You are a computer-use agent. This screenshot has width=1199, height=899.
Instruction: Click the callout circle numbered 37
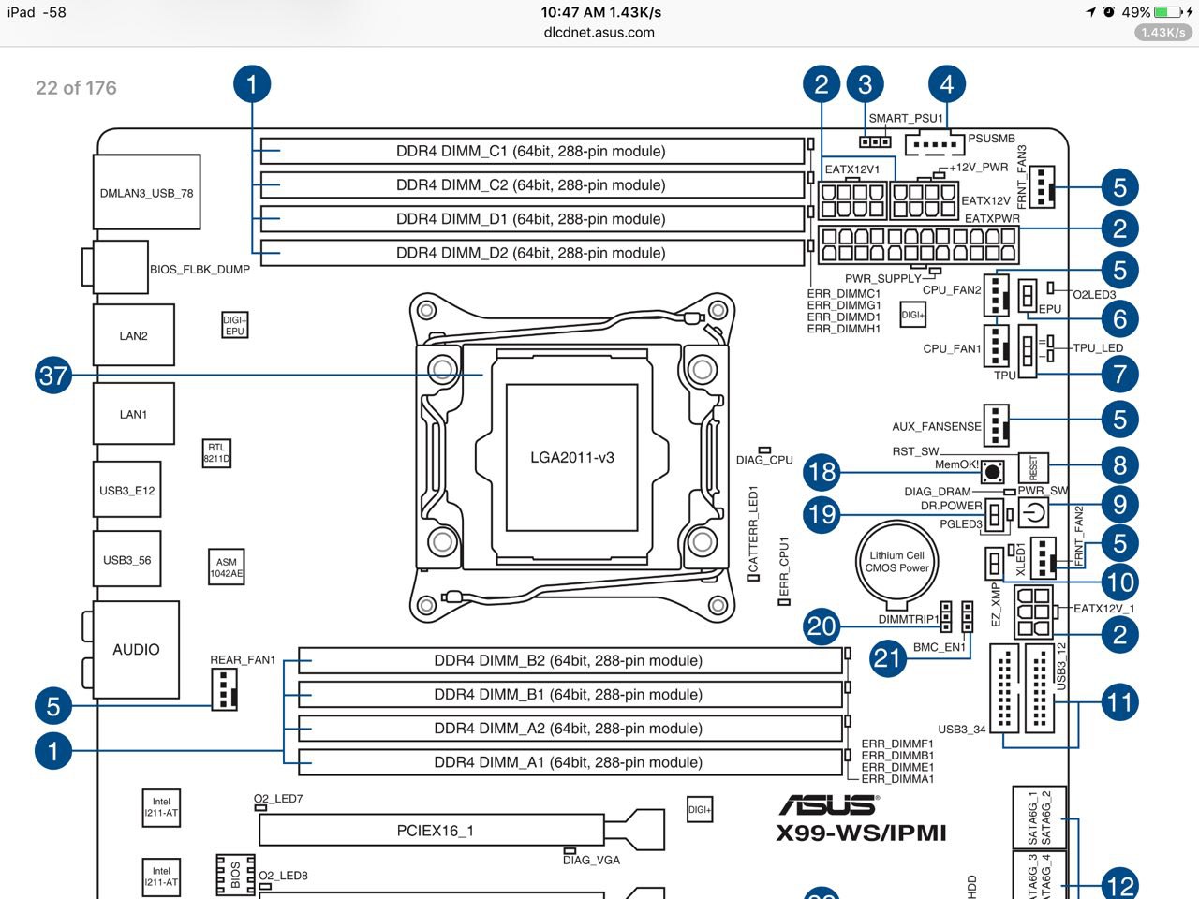pos(53,376)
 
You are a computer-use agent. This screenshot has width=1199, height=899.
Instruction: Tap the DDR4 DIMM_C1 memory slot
pos(531,151)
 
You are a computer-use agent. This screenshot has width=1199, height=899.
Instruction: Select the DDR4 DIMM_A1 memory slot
pos(569,762)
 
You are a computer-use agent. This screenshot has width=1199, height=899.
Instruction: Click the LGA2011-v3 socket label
pos(572,458)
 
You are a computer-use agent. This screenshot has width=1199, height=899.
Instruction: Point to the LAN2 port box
pos(134,335)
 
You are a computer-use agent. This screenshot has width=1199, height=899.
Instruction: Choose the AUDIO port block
pos(136,649)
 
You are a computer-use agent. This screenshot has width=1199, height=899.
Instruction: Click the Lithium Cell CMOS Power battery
pos(896,562)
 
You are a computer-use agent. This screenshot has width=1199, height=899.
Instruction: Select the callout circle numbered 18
pos(822,472)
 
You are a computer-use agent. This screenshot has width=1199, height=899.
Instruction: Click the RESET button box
pos(1033,466)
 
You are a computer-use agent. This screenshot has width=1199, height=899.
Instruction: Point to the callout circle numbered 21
pos(887,657)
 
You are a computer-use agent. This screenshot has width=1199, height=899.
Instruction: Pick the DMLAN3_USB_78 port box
pos(147,193)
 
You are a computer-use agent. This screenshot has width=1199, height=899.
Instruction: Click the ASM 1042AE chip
pos(226,567)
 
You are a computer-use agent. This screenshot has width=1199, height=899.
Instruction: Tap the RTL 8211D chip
pos(216,453)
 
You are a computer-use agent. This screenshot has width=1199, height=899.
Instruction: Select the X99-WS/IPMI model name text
pos(861,833)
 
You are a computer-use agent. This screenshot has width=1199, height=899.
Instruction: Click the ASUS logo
pos(828,804)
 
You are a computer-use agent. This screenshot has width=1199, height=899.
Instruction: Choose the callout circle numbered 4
pos(947,85)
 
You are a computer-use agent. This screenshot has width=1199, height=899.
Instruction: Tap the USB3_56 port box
pos(127,560)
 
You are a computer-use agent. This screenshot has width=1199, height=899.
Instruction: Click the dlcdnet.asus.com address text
pos(599,33)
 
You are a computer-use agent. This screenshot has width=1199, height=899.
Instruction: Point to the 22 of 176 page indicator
pos(76,88)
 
